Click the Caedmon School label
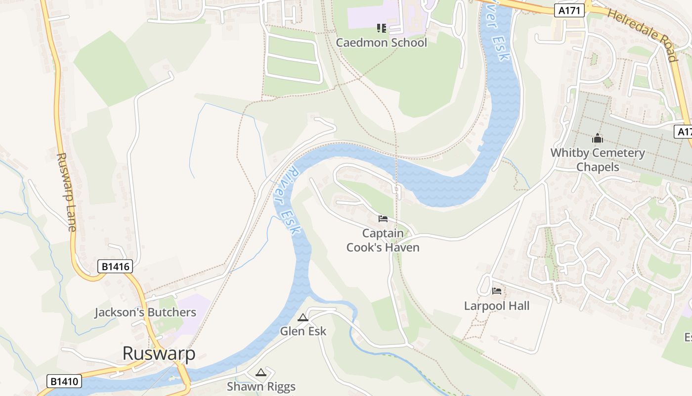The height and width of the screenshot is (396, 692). click(x=381, y=43)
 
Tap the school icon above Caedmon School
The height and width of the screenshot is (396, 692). click(x=381, y=28)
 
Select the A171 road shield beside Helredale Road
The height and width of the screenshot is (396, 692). click(x=569, y=10)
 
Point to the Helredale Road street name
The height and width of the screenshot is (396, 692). click(x=642, y=35)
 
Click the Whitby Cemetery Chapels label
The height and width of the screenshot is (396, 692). click(x=598, y=160)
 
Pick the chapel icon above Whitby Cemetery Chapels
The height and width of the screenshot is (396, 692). click(x=598, y=138)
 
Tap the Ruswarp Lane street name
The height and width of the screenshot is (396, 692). click(x=66, y=192)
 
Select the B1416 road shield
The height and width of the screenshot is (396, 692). click(x=115, y=266)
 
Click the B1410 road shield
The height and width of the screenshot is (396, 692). click(x=64, y=381)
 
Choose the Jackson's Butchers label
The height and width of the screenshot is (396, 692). click(x=145, y=312)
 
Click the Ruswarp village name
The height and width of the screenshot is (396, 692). click(x=159, y=353)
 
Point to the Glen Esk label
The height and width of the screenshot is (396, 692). click(x=303, y=331)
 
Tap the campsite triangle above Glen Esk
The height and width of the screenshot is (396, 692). click(x=303, y=317)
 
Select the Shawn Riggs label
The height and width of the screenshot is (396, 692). click(x=261, y=386)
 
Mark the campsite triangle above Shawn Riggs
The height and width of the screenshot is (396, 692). click(x=261, y=372)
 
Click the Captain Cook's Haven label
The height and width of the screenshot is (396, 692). click(x=383, y=240)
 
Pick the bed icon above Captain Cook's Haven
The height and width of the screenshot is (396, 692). click(x=383, y=218)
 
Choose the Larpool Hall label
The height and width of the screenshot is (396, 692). click(x=497, y=306)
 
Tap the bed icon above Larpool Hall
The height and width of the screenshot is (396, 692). click(x=497, y=291)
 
